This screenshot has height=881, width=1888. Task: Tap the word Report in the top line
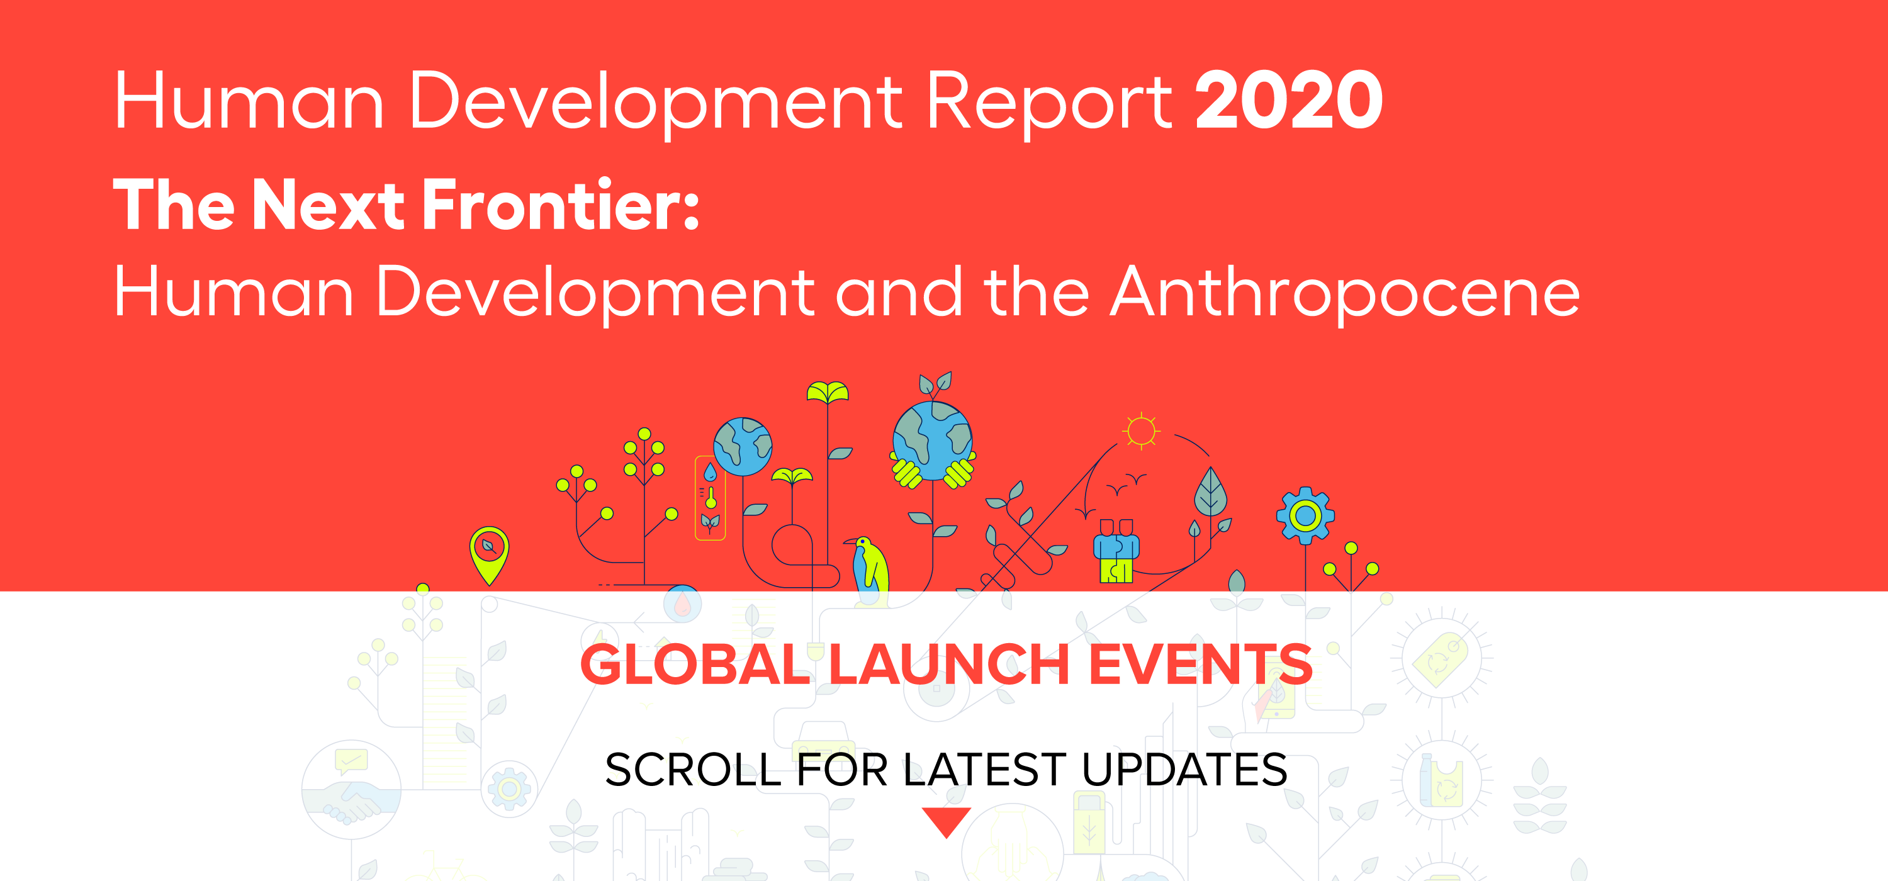pyautogui.click(x=1049, y=104)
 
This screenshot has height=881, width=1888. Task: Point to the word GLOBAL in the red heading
pyautogui.click(x=695, y=665)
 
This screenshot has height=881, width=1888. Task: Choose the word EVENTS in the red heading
pyautogui.click(x=1201, y=665)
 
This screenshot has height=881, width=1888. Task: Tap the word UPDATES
pyautogui.click(x=1184, y=770)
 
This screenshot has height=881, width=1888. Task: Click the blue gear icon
pyautogui.click(x=1305, y=515)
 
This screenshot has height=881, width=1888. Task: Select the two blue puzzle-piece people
pyautogui.click(x=1116, y=551)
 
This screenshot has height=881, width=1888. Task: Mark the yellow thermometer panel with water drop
pyautogui.click(x=709, y=498)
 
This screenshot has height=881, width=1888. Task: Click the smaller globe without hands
pyautogui.click(x=743, y=446)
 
